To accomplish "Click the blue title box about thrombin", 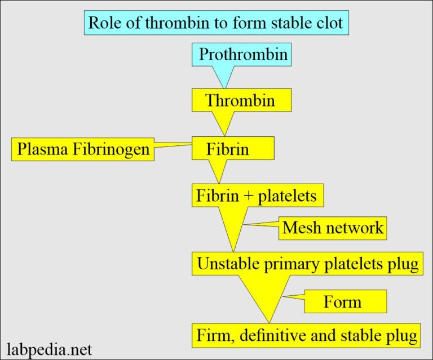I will tap(216, 24).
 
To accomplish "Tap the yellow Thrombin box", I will tap(241, 101).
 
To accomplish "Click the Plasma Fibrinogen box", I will tap(82, 150).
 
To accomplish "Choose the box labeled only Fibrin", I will tap(233, 149).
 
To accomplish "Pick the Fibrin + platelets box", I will tap(257, 196).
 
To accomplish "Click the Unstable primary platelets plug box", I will tap(307, 264).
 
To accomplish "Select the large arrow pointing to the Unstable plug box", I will tap(234, 228).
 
